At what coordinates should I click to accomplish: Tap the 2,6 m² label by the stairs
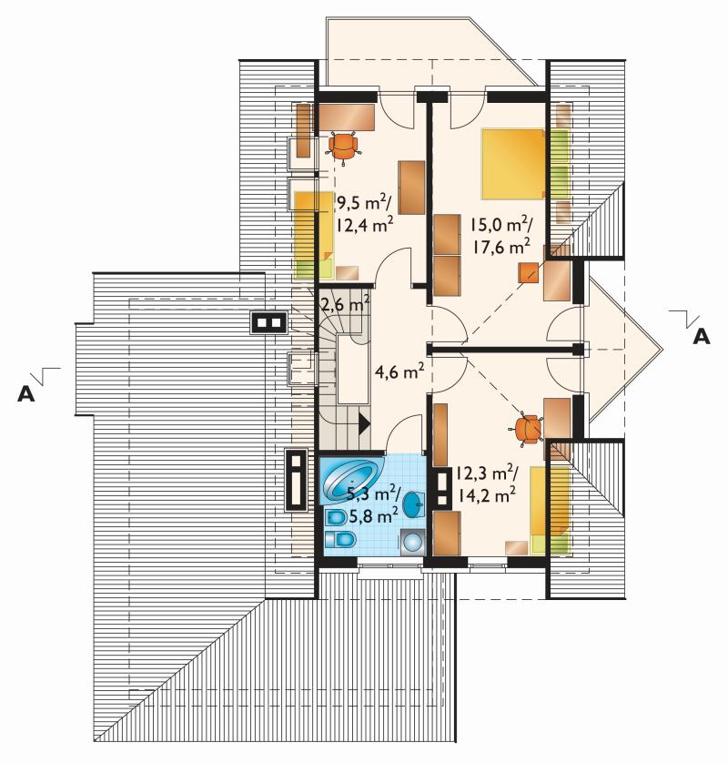click(345, 305)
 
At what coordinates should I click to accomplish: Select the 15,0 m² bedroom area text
click(500, 225)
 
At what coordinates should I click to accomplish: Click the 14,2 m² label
click(485, 495)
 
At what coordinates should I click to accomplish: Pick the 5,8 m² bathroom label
click(372, 514)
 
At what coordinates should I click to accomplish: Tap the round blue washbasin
click(413, 504)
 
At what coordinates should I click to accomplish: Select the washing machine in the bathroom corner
click(412, 542)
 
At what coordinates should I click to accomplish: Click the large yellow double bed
click(512, 164)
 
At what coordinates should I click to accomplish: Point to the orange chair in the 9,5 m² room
click(344, 147)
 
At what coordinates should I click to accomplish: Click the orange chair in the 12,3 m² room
click(528, 430)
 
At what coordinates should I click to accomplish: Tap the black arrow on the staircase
click(364, 423)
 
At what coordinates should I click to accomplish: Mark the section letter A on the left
click(26, 394)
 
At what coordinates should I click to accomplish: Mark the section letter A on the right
click(701, 336)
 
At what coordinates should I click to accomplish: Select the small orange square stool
click(529, 272)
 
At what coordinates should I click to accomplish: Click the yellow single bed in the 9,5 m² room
click(314, 235)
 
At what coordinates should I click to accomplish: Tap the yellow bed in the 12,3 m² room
click(550, 510)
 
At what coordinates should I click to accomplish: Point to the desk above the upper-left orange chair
click(346, 117)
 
